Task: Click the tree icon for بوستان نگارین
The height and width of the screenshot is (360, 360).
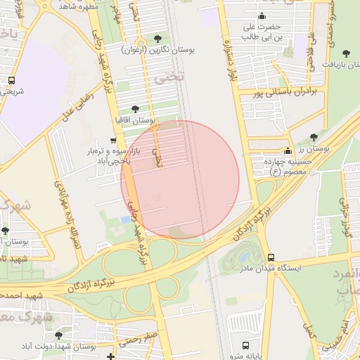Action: click(156, 38)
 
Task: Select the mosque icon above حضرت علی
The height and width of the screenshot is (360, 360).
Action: click(262, 16)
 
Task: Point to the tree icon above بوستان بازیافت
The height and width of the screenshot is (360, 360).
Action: click(345, 53)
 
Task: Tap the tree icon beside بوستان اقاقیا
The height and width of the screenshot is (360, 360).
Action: click(135, 108)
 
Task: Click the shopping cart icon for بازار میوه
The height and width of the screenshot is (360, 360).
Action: click(112, 141)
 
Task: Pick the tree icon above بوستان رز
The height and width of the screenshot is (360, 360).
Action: click(314, 136)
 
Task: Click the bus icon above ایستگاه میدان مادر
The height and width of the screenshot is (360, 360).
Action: click(271, 257)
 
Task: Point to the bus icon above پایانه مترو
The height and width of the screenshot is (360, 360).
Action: click(245, 345)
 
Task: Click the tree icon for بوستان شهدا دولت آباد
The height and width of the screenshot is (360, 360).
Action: click(58, 335)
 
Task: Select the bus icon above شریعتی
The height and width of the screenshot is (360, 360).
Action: click(11, 80)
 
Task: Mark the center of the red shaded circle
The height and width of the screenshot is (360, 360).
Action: click(180, 179)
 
